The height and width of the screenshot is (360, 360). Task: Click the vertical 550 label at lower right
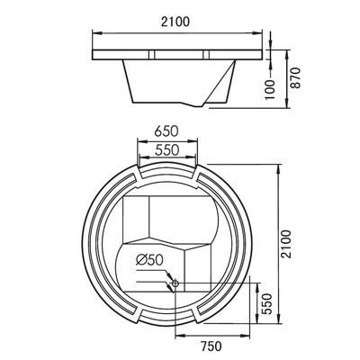pos(265,305)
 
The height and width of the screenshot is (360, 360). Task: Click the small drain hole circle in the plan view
pos(174,285)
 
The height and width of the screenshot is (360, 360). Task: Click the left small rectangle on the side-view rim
pos(146,56)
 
